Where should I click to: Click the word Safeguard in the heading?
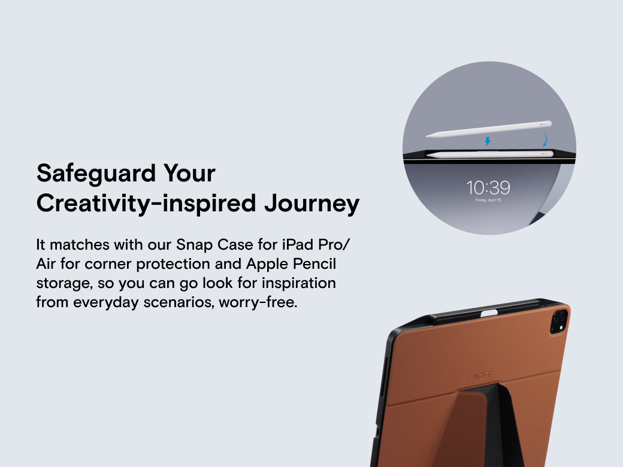coord(96,174)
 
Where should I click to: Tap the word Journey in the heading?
coord(312,204)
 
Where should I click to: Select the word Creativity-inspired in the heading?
coord(146,204)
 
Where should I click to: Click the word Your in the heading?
coord(189,174)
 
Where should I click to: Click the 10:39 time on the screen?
coord(488,188)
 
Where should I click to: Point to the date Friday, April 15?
coord(488,200)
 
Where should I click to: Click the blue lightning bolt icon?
coord(488,141)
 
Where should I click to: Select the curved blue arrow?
coord(545,140)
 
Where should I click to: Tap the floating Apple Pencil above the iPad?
coord(489,129)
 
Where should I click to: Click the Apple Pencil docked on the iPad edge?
coord(490,154)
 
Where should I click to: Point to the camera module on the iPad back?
coord(559,320)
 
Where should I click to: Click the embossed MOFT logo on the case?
coord(481,376)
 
